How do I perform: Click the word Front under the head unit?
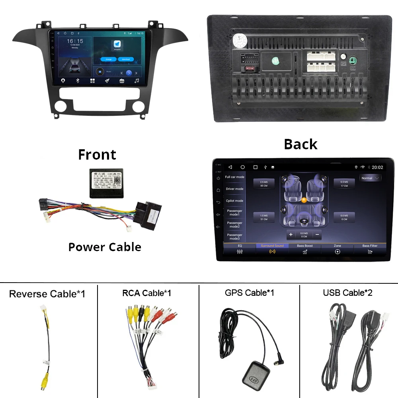(x=97, y=154)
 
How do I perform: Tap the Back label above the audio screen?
(x=300, y=144)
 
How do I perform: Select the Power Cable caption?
(x=105, y=247)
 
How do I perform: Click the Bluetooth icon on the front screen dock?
(x=78, y=81)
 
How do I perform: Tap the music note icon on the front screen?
(x=137, y=81)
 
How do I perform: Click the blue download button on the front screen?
(x=126, y=59)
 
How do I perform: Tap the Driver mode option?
(x=234, y=189)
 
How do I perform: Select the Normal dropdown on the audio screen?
(x=370, y=178)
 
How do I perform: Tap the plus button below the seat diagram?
(x=291, y=234)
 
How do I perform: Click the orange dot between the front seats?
(x=304, y=200)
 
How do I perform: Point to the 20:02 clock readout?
(x=377, y=168)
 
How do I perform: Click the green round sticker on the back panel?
(x=275, y=61)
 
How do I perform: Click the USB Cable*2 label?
(x=348, y=293)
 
